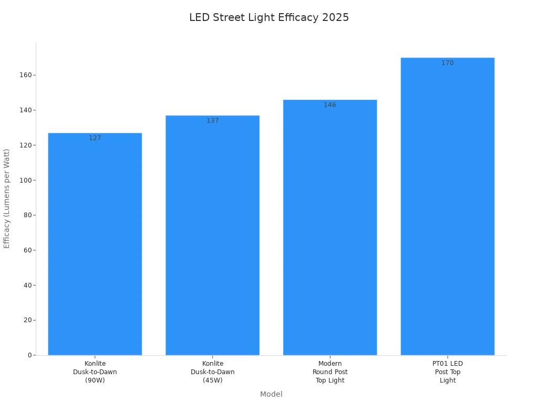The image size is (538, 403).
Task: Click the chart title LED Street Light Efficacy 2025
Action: click(x=269, y=17)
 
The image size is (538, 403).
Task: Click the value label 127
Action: click(x=95, y=138)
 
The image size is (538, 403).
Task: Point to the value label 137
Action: click(x=212, y=121)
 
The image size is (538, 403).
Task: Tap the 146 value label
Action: click(x=330, y=105)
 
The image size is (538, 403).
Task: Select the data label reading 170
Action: click(x=448, y=63)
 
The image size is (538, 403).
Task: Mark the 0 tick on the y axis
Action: click(x=30, y=355)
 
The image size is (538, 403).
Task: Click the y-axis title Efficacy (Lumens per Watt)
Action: click(x=7, y=198)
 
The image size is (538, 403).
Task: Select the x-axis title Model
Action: click(x=271, y=394)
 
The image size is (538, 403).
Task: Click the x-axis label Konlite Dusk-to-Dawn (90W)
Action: click(x=95, y=372)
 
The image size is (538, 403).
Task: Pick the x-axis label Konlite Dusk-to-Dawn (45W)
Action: click(x=212, y=372)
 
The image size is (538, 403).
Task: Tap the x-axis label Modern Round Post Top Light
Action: click(x=330, y=372)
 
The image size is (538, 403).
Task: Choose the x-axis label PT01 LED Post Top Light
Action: click(x=448, y=372)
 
